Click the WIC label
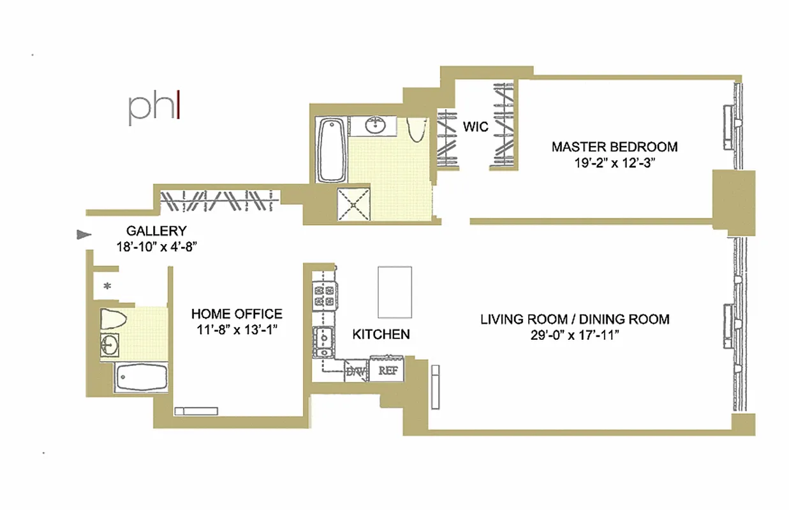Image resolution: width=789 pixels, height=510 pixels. [476, 126]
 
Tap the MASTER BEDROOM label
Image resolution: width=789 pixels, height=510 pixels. [614, 147]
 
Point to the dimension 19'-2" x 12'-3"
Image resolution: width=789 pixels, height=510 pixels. [614, 163]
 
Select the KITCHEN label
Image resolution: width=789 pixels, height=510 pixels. [381, 334]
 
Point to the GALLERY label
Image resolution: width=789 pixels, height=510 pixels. [156, 231]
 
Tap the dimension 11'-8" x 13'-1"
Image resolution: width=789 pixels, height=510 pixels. [237, 330]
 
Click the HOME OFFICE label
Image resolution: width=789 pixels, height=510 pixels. [237, 314]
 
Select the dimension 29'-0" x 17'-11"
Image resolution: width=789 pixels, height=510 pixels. [575, 336]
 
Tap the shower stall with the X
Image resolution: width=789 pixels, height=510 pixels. [354, 205]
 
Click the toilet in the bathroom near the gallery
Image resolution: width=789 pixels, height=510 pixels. [115, 317]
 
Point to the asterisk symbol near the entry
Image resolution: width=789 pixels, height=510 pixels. [107, 286]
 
